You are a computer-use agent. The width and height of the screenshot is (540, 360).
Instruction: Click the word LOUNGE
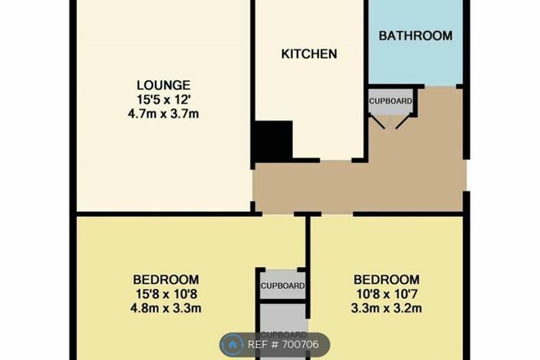point(164,85)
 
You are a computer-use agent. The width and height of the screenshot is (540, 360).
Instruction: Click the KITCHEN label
point(309,54)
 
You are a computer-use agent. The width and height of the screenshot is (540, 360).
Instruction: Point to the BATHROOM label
point(415,35)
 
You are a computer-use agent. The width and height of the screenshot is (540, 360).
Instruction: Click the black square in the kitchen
point(273,141)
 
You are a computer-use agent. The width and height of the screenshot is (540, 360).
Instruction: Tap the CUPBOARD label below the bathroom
point(391,101)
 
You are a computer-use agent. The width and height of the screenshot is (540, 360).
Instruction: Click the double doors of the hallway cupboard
point(391,121)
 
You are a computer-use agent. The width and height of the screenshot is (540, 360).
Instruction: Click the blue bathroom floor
point(415,63)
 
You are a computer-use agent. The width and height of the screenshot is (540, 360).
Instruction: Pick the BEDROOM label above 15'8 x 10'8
point(166,280)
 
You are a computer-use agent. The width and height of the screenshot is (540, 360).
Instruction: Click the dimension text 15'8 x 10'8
point(166,293)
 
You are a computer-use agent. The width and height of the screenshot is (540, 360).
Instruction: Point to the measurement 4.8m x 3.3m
point(166,307)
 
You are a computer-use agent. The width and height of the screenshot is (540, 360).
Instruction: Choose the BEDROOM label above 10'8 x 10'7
point(386,280)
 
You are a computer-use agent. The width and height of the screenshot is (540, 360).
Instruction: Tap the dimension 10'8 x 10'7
point(386,293)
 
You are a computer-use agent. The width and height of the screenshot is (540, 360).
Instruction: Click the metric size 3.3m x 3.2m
point(386,307)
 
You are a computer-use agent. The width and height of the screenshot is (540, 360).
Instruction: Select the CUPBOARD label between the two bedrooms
point(282,286)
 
